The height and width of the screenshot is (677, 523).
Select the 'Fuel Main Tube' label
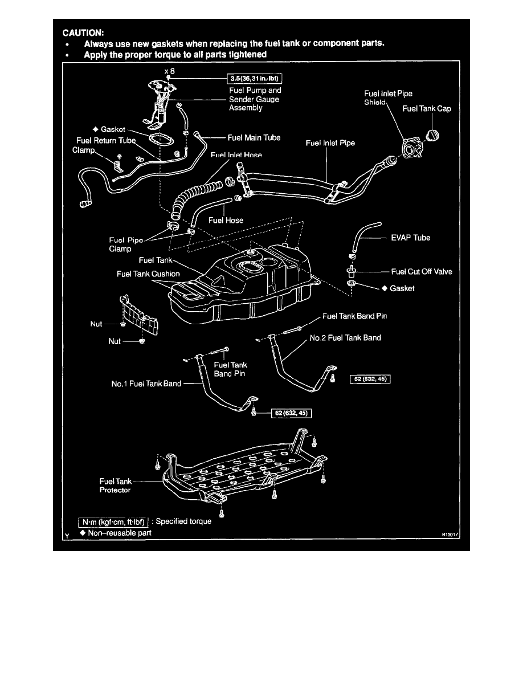254,137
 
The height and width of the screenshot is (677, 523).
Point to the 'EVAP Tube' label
410,238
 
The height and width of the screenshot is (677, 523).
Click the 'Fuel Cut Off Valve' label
422,272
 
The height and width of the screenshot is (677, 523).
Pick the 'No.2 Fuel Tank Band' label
345,337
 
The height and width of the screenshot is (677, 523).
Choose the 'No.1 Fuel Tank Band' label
146,384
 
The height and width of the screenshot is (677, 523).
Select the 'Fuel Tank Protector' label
116,486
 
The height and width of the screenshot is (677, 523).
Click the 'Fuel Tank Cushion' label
148,274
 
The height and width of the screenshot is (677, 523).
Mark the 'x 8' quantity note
169,70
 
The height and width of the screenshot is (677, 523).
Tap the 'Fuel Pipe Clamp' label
126,244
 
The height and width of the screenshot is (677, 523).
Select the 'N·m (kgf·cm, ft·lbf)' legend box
114,521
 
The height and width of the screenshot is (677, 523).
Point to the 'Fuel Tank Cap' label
427,108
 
